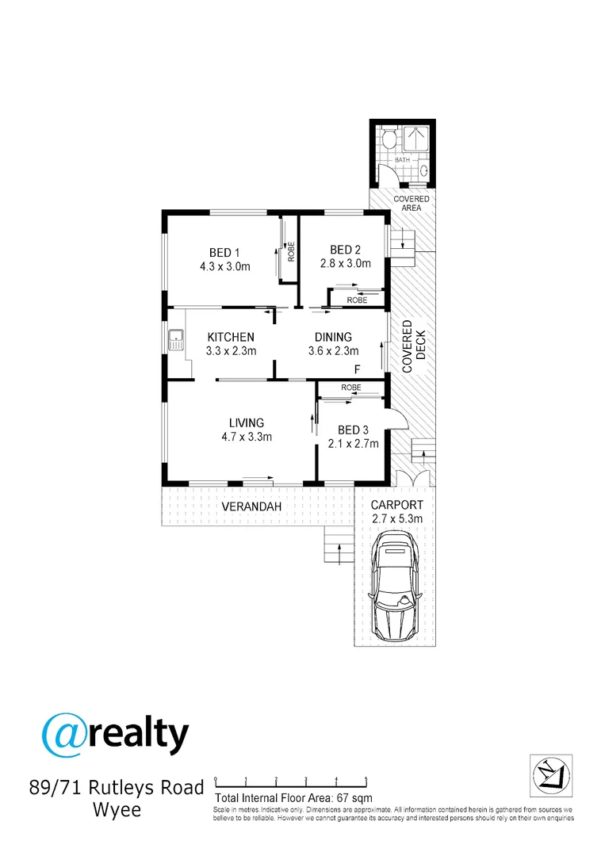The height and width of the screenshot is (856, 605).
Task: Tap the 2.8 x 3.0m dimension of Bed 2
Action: pyautogui.click(x=345, y=264)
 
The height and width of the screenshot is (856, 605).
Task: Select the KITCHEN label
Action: pyautogui.click(x=230, y=337)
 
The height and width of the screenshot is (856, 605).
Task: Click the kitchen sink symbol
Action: pyautogui.click(x=175, y=343)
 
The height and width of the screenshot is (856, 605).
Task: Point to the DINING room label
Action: pyautogui.click(x=333, y=337)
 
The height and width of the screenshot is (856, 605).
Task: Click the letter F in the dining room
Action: pyautogui.click(x=358, y=369)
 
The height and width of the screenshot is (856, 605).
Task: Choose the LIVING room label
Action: pyautogui.click(x=247, y=422)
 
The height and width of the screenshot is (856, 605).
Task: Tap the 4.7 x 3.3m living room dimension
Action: pyautogui.click(x=247, y=437)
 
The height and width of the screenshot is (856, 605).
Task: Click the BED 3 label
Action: pyautogui.click(x=353, y=430)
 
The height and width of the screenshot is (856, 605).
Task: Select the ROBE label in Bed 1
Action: pyautogui.click(x=291, y=252)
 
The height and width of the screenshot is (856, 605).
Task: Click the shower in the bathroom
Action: pyautogui.click(x=418, y=139)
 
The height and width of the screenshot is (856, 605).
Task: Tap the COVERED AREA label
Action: pyautogui.click(x=412, y=203)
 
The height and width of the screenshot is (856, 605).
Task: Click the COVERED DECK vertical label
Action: pyautogui.click(x=414, y=346)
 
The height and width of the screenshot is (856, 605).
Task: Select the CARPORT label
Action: pyautogui.click(x=398, y=505)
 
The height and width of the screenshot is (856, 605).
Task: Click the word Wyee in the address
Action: pyautogui.click(x=117, y=811)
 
